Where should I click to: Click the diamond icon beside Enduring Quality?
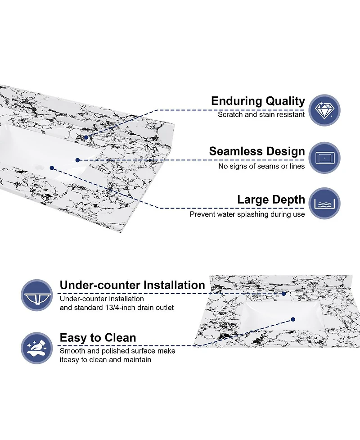click(x=324, y=110)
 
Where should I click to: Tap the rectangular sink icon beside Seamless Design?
click(x=324, y=158)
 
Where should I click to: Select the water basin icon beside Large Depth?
click(x=324, y=204)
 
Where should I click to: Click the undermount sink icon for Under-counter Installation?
click(x=37, y=295)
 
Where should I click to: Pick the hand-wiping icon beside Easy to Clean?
click(x=37, y=348)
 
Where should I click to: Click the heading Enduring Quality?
click(x=258, y=101)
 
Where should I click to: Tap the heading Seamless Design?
click(x=257, y=151)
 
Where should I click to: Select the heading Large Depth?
click(x=271, y=200)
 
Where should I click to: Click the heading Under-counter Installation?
click(x=132, y=285)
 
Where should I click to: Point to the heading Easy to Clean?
click(x=98, y=338)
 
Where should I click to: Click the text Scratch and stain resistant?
click(x=261, y=114)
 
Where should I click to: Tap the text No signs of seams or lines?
click(x=261, y=166)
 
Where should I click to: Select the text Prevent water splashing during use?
click(x=247, y=214)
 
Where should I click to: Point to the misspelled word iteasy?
click(x=70, y=360)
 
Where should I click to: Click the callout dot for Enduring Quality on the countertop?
click(x=86, y=137)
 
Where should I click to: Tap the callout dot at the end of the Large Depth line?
click(x=52, y=168)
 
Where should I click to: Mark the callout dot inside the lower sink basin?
click(x=293, y=319)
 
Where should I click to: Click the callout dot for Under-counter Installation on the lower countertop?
click(x=284, y=294)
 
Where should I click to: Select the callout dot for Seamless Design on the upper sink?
click(x=78, y=160)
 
